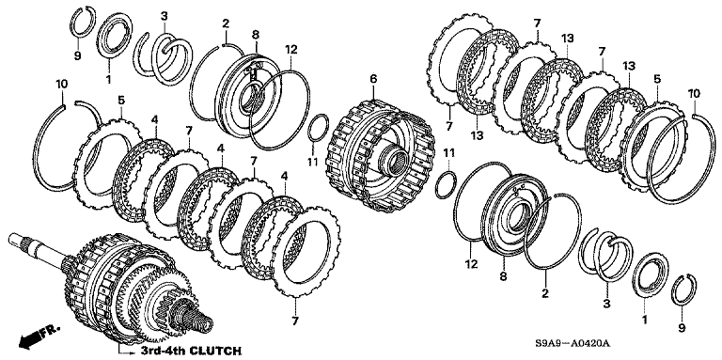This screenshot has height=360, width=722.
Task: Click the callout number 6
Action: (x=373, y=79)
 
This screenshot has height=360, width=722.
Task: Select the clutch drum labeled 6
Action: (x=382, y=157)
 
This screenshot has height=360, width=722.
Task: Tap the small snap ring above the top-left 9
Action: (x=84, y=23)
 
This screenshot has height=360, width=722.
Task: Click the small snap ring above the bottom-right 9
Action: (x=683, y=290)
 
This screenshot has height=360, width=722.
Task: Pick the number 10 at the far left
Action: (x=61, y=85)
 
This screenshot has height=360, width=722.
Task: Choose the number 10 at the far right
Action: (x=695, y=93)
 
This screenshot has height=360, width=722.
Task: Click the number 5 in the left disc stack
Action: (x=121, y=99)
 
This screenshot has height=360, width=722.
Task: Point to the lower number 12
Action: (x=472, y=264)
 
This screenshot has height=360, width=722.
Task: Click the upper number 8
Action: (x=256, y=34)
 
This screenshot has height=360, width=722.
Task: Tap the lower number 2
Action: (x=545, y=292)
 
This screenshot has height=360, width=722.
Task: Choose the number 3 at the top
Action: (x=165, y=16)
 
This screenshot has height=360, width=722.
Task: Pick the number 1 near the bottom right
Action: (x=645, y=319)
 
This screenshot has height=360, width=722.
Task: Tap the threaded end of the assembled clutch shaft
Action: (x=195, y=318)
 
